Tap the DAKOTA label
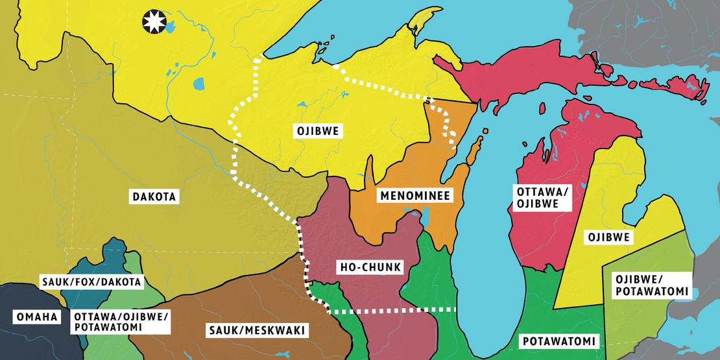coord(154,195)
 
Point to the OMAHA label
coord(36,317)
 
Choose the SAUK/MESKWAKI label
coord(256,331)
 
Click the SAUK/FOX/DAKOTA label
coord(91,282)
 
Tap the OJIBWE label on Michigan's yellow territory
coord(607,237)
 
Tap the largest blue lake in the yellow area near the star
coord(197,84)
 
